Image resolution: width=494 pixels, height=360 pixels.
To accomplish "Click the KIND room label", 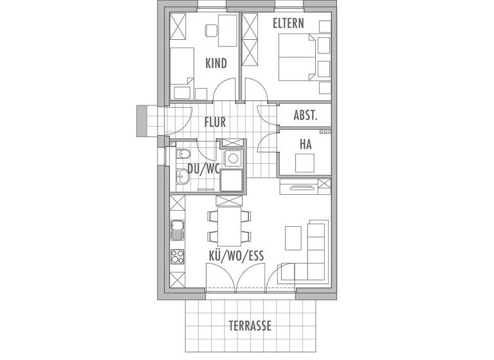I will click(x=216, y=63).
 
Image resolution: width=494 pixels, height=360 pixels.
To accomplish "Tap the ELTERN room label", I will click(x=288, y=24).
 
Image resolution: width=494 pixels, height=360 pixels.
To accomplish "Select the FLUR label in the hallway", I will click(x=215, y=122).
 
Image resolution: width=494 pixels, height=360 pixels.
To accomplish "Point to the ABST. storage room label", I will click(x=305, y=116).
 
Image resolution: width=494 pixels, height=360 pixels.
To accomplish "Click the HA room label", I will click(x=305, y=145).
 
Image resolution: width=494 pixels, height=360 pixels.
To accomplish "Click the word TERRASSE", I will click(x=250, y=326).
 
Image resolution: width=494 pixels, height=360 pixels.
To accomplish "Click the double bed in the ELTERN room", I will click(x=296, y=58).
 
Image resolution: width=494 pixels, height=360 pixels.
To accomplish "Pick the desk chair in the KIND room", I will click(x=210, y=30).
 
